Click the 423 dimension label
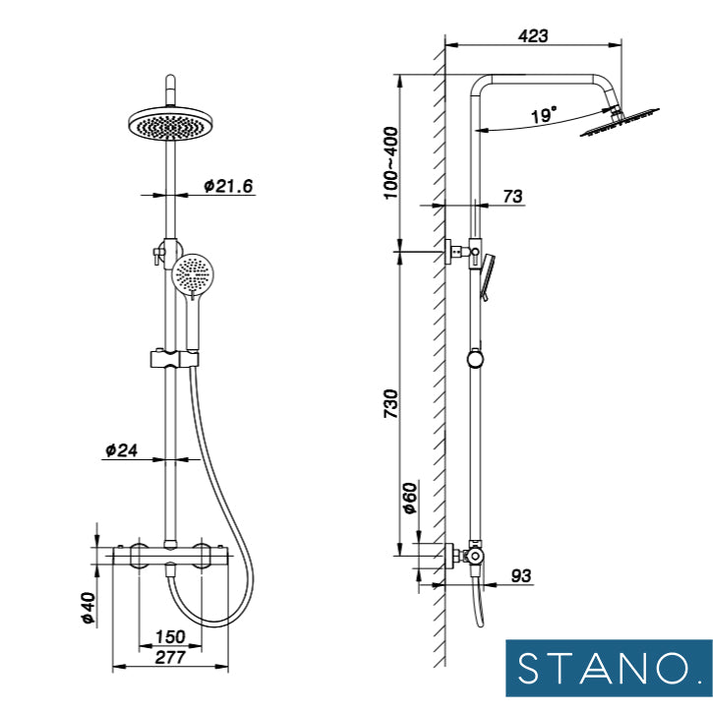pos(533,36)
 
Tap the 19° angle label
pos(544,115)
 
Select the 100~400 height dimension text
pos(390,163)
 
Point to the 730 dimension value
pos(390,403)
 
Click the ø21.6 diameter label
pos(228,186)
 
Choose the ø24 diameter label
pos(121,450)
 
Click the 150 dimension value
pos(170,636)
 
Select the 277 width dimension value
pos(170,657)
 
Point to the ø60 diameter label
pos(410,498)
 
